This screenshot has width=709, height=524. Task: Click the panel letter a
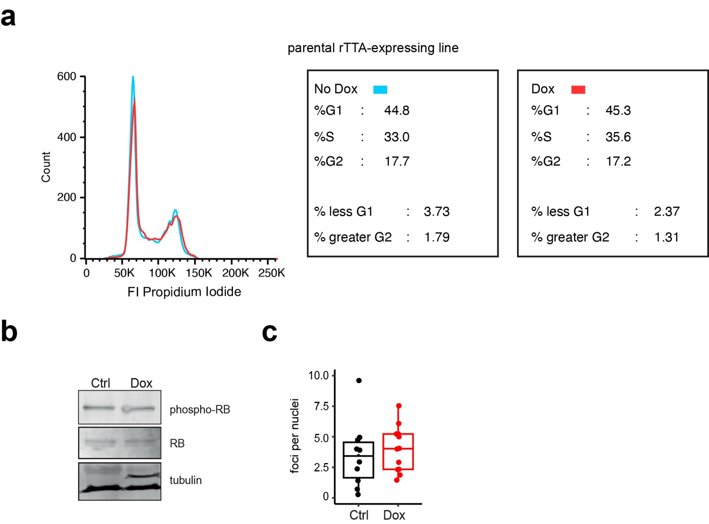pos(8,17)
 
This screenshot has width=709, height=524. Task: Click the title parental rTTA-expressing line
pos(373,48)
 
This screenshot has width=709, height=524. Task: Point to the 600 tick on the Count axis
pos(67,77)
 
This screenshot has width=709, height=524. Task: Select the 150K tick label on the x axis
pos(198,273)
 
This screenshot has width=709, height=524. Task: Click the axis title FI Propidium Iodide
pos(184,292)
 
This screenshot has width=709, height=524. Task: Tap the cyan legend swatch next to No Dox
pos(380,89)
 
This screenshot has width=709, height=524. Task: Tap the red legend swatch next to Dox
pos(578,89)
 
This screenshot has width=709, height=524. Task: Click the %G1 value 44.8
pos(396,111)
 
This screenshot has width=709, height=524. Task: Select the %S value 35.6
pos(618,137)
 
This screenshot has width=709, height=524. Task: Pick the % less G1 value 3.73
pos(436,211)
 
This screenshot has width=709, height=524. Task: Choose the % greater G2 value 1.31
pos(666,237)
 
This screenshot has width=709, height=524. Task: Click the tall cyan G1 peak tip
pos(133,78)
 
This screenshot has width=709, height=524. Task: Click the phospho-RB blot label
pos(199,410)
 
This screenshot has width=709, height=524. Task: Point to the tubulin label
pos(185,480)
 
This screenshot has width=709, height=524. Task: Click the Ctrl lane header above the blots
pos(100,383)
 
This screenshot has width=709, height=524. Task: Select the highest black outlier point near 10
pos(359,381)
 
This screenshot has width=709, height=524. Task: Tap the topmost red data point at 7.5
pos(398,406)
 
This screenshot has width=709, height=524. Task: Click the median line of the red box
pos(398,449)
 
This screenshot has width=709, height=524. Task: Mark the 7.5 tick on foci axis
pos(321,406)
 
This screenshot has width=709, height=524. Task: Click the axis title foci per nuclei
pos(295,436)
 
